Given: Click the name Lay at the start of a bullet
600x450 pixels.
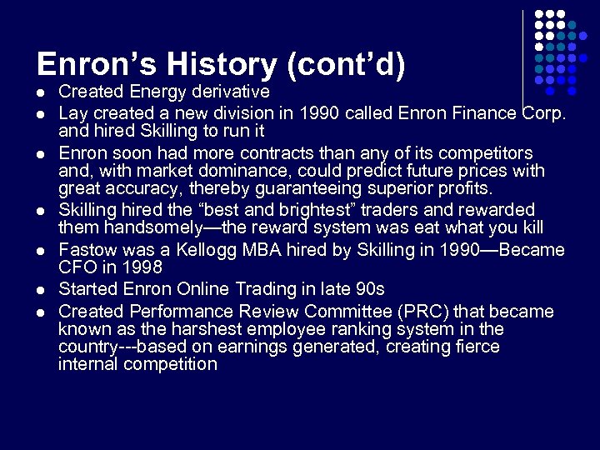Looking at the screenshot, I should (73, 112).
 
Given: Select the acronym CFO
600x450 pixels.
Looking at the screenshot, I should (77, 267).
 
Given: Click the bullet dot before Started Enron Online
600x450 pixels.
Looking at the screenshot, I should (41, 290).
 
